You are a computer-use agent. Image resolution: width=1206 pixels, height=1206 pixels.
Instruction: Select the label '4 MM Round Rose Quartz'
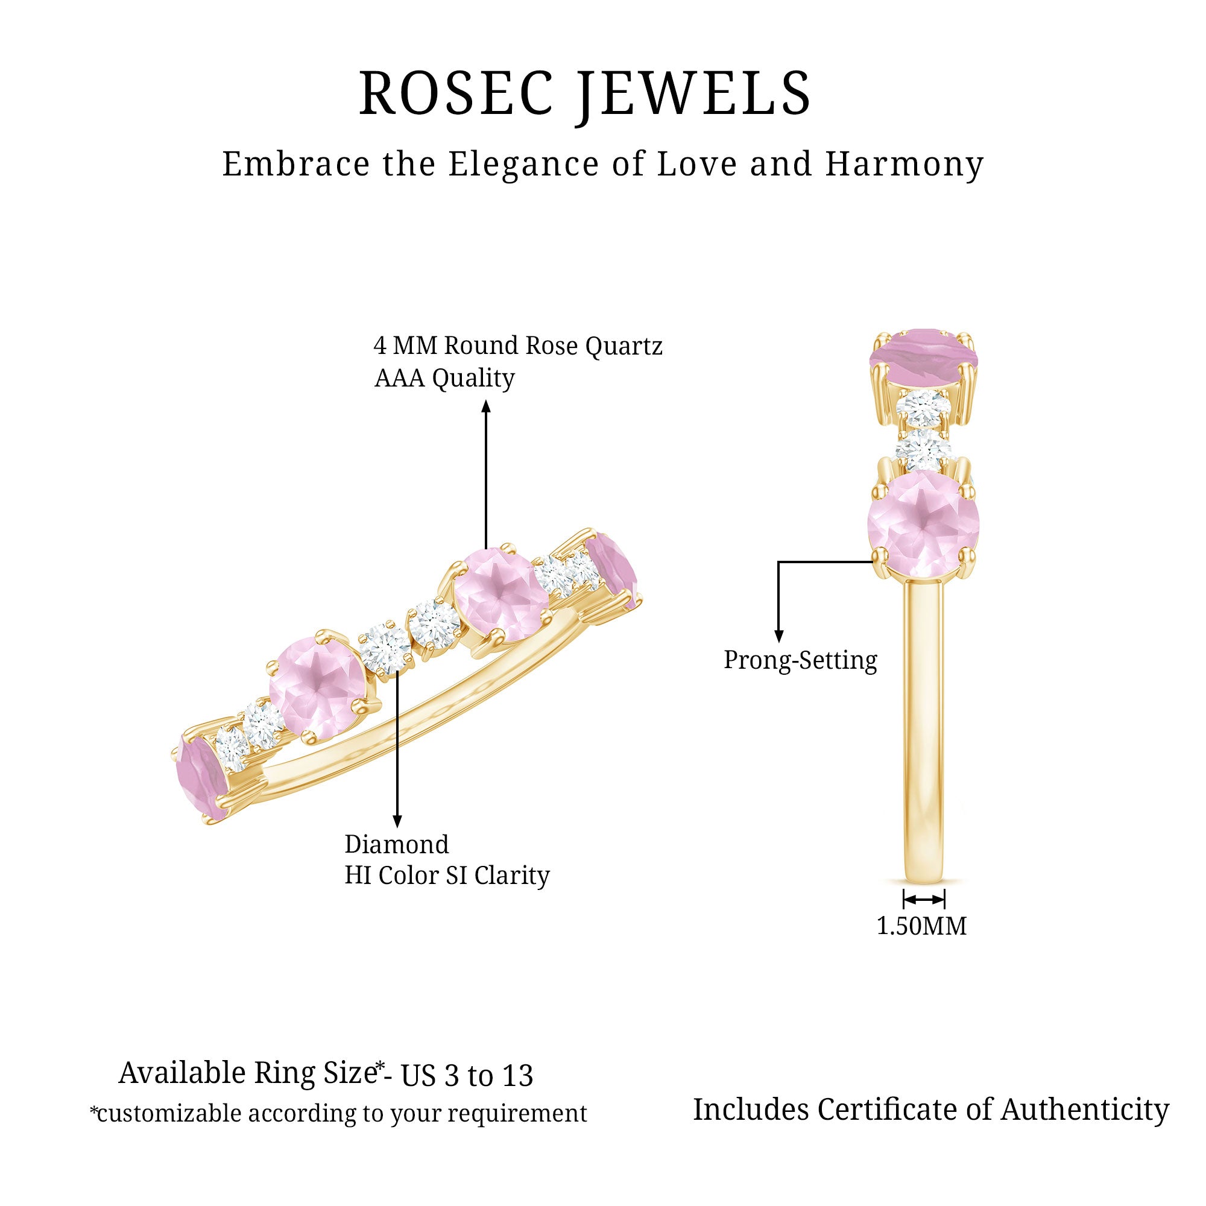click(518, 345)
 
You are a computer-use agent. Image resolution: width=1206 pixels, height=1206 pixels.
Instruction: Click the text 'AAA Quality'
click(444, 378)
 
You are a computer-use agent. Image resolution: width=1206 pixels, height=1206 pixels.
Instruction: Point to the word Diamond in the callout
click(397, 845)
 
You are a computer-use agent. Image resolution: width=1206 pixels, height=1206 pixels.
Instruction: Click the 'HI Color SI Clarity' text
click(447, 875)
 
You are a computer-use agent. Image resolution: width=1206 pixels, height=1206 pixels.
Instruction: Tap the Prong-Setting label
click(800, 660)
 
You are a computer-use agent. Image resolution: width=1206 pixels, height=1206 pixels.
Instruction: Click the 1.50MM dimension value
click(921, 926)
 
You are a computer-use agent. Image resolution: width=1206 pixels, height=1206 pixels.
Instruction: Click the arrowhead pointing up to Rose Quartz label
click(486, 406)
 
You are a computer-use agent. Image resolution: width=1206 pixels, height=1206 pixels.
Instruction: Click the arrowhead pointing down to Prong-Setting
click(778, 637)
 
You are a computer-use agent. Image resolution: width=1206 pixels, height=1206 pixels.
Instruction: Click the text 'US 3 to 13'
click(467, 1076)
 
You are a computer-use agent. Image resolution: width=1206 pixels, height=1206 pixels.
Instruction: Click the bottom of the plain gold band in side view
click(924, 882)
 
